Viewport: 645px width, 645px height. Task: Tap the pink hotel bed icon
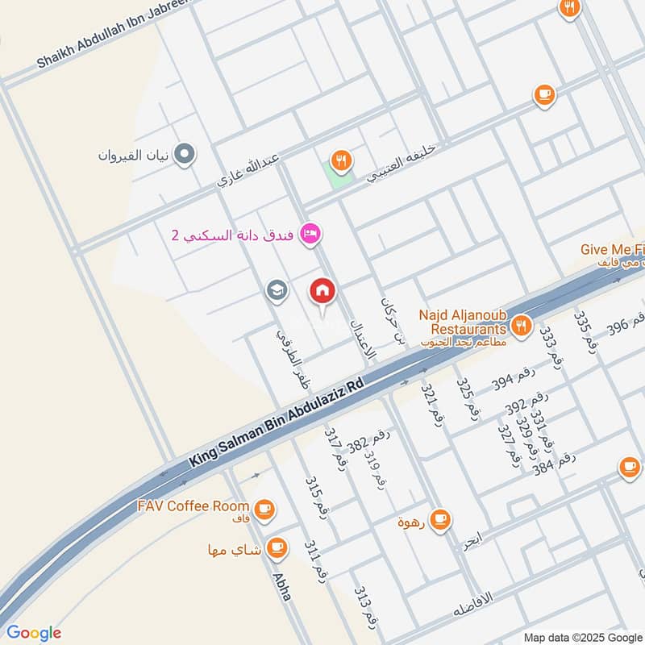tap(310, 235)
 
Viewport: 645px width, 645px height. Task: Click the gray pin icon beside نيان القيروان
tap(185, 153)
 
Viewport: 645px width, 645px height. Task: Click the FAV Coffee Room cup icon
tap(264, 509)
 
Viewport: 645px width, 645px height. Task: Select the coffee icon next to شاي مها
tap(277, 547)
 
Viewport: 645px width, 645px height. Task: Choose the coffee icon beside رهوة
tap(439, 520)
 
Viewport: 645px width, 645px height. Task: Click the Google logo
tap(33, 632)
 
